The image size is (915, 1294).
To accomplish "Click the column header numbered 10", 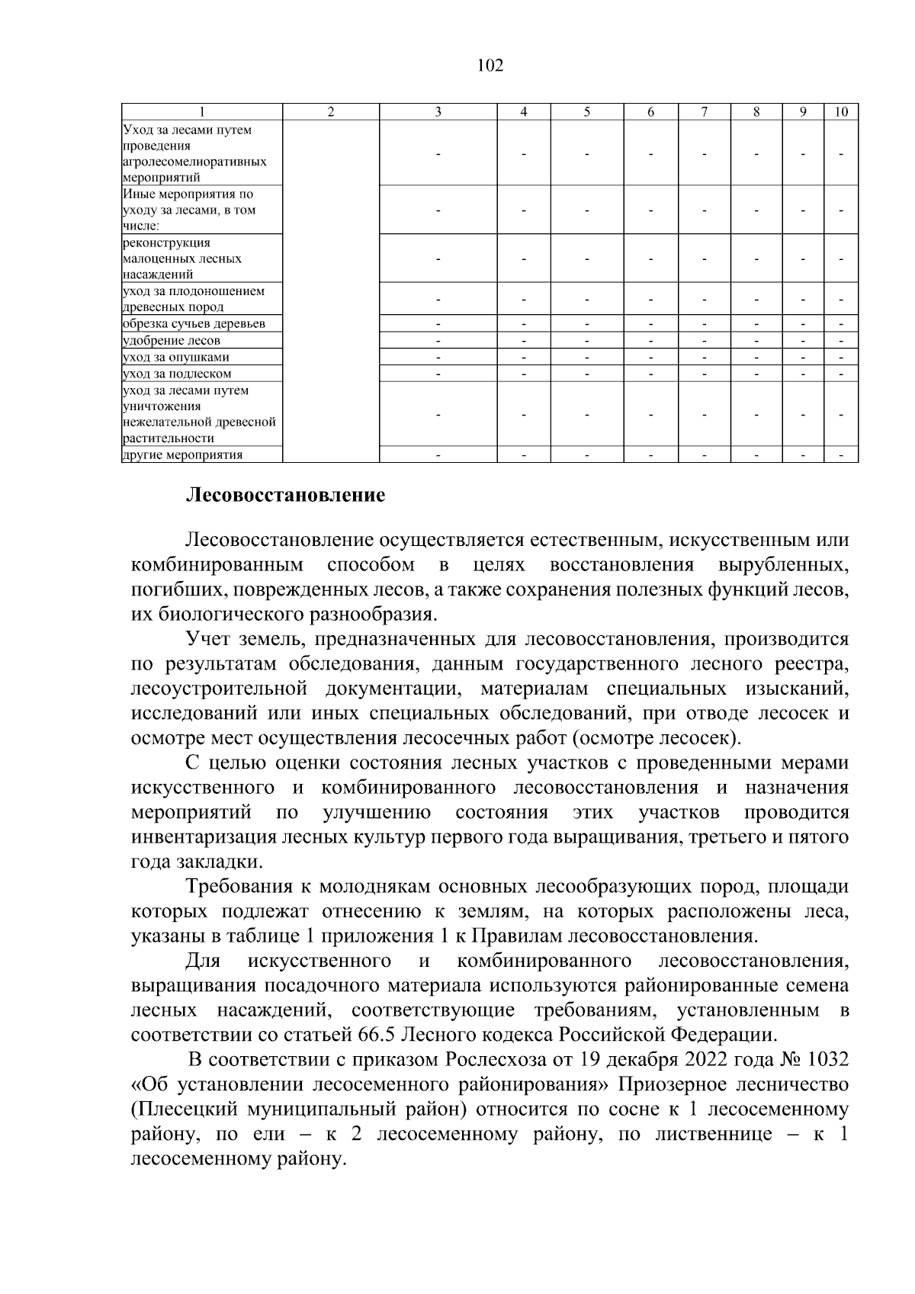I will point(841,112).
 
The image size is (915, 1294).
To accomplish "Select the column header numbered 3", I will point(438,112).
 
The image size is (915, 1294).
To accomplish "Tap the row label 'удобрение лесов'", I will point(172,341).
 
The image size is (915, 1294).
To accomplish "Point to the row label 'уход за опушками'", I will point(175,357).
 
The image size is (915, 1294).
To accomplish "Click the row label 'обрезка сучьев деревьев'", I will point(194,324).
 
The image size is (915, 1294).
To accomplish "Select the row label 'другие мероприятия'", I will point(182,455).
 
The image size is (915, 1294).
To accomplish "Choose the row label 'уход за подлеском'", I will point(176,374).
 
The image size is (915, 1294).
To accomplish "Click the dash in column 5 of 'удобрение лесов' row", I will point(587,341).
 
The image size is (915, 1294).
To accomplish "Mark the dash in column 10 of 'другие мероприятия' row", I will point(841,455).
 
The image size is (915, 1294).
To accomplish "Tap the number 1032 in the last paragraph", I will point(827,1060).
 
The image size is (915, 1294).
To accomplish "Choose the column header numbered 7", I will point(704,112).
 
